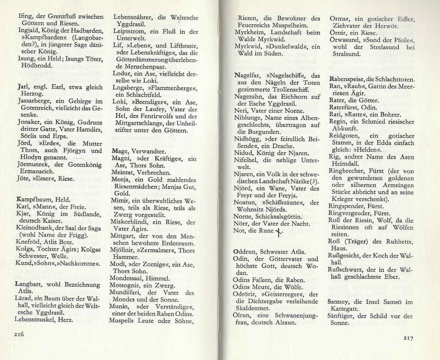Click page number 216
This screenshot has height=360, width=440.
[x=19, y=334]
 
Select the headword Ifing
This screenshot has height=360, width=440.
[x=24, y=16]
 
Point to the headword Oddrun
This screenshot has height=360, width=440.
[x=244, y=252]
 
